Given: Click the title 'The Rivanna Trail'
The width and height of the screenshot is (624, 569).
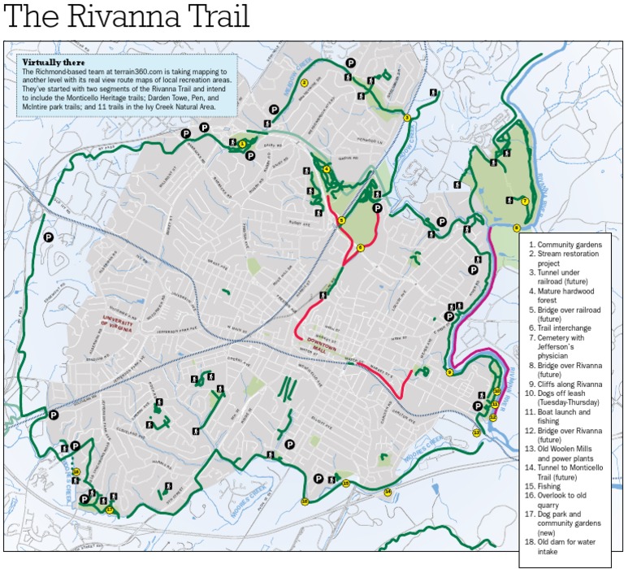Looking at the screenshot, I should click(x=127, y=17).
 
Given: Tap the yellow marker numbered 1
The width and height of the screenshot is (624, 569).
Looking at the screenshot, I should click(x=241, y=142).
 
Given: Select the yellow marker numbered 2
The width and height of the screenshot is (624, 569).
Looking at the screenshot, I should click(x=304, y=82).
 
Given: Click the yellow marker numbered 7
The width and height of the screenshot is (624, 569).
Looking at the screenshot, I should click(x=525, y=201).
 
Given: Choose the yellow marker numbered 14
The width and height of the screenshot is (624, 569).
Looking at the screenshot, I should click(x=388, y=492).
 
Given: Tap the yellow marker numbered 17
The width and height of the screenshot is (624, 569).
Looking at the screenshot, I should click(x=109, y=510).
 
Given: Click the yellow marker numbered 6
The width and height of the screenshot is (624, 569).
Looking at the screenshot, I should click(x=360, y=247).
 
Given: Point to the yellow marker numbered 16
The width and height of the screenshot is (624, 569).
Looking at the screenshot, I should click(x=305, y=502).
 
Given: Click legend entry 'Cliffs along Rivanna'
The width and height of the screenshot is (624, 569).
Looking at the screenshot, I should click(x=569, y=384).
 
